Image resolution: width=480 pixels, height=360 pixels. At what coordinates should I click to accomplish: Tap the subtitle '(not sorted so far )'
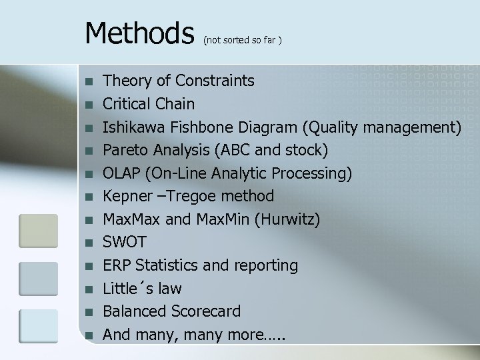243,41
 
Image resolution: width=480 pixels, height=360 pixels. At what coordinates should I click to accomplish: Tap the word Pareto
125,150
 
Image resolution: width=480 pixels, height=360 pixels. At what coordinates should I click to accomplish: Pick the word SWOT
124,242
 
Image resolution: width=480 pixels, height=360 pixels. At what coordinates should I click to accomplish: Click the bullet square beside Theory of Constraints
90,82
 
